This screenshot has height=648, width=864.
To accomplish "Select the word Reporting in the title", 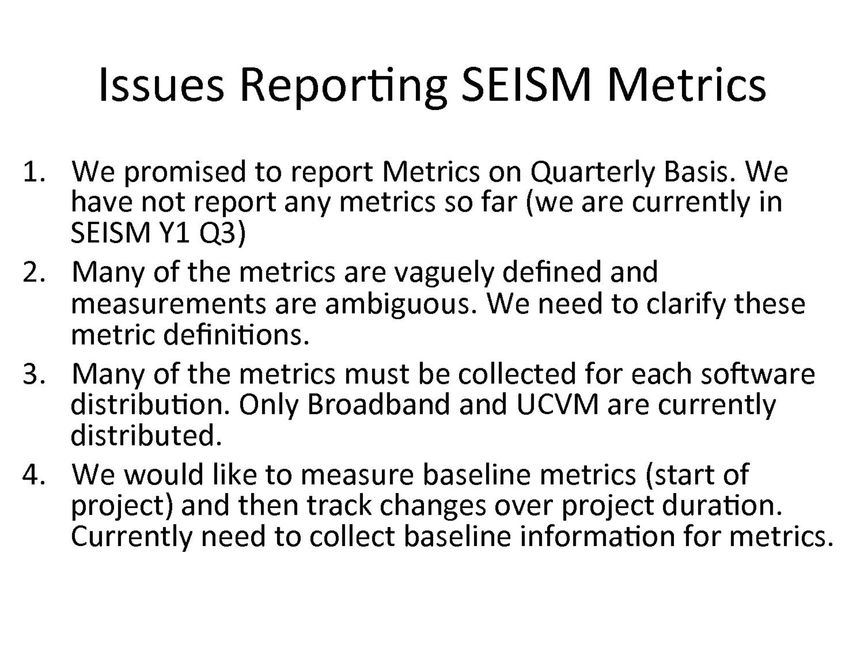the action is tap(343, 87).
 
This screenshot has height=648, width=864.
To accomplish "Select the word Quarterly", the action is tap(592, 173).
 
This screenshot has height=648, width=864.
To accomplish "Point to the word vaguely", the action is tap(444, 274).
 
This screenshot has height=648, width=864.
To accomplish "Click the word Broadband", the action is tap(379, 404).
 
